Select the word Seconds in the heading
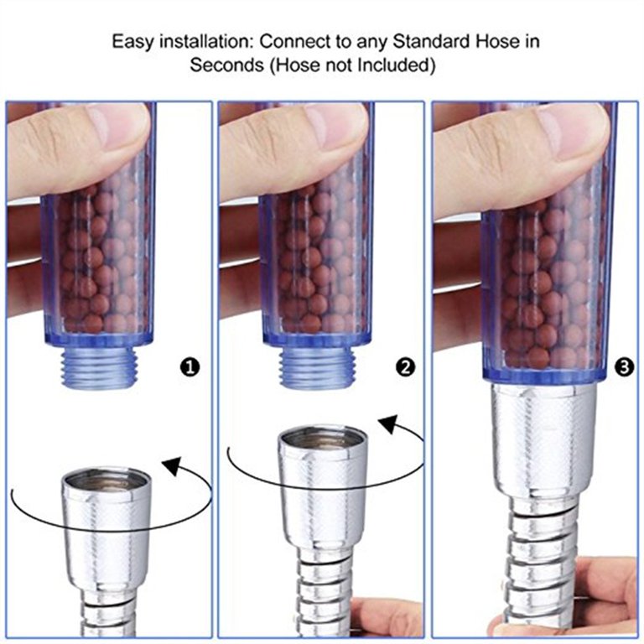[x=226, y=65]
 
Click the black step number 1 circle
[x=190, y=367]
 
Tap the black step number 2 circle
[x=405, y=367]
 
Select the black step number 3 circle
[x=624, y=367]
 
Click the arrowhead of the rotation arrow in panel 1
[x=173, y=465]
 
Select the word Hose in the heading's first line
[x=497, y=41]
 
